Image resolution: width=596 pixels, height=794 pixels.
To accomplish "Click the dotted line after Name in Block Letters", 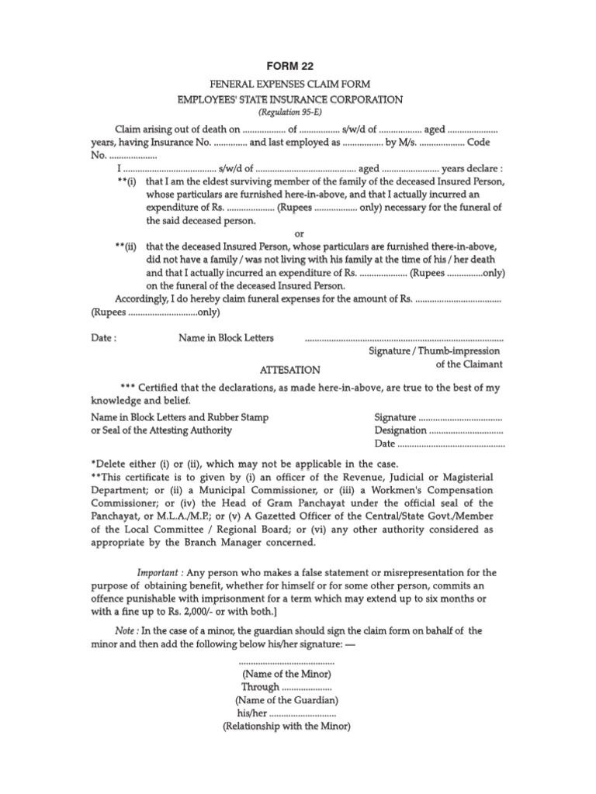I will click(404, 339).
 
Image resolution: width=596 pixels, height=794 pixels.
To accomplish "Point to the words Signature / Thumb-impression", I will click(434, 351).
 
